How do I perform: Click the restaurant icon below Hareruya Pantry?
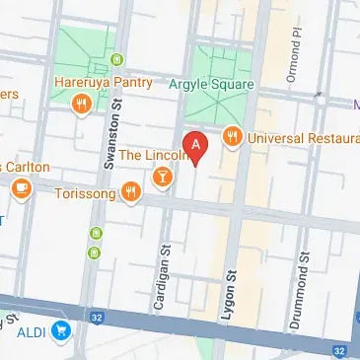click(82, 102)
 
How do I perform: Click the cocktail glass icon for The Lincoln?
click(162, 178)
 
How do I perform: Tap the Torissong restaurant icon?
click(131, 192)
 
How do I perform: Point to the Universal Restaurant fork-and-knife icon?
click(233, 137)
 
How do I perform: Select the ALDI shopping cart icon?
click(61, 331)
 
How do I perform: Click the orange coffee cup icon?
click(20, 187)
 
